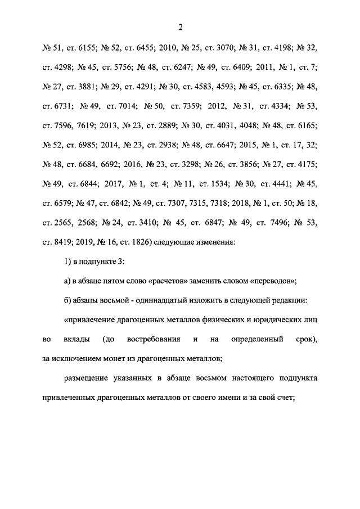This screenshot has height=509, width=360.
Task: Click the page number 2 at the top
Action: click(x=181, y=26)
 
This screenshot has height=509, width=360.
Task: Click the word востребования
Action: click(x=154, y=340)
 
